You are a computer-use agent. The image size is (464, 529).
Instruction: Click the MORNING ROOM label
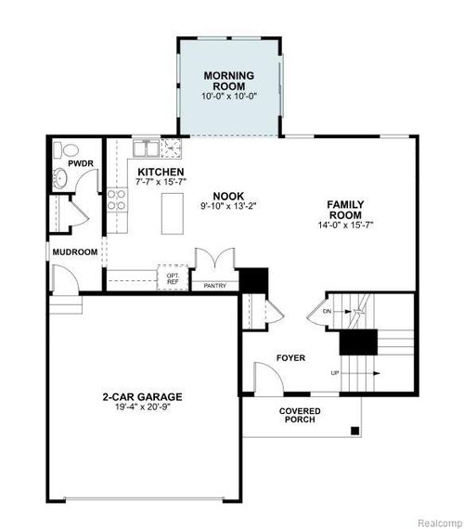point(229,80)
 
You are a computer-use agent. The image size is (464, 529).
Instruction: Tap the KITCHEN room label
point(161,173)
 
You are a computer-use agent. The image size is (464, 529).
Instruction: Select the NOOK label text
point(228,195)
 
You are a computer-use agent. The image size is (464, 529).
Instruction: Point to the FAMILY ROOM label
point(345,210)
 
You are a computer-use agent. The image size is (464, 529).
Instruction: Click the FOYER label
point(290,358)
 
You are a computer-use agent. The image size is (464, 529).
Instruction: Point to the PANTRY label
point(214,286)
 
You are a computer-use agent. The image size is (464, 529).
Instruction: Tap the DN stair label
point(327,311)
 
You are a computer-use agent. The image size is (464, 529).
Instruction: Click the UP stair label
point(333,373)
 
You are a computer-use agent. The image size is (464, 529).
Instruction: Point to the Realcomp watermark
point(434,521)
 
